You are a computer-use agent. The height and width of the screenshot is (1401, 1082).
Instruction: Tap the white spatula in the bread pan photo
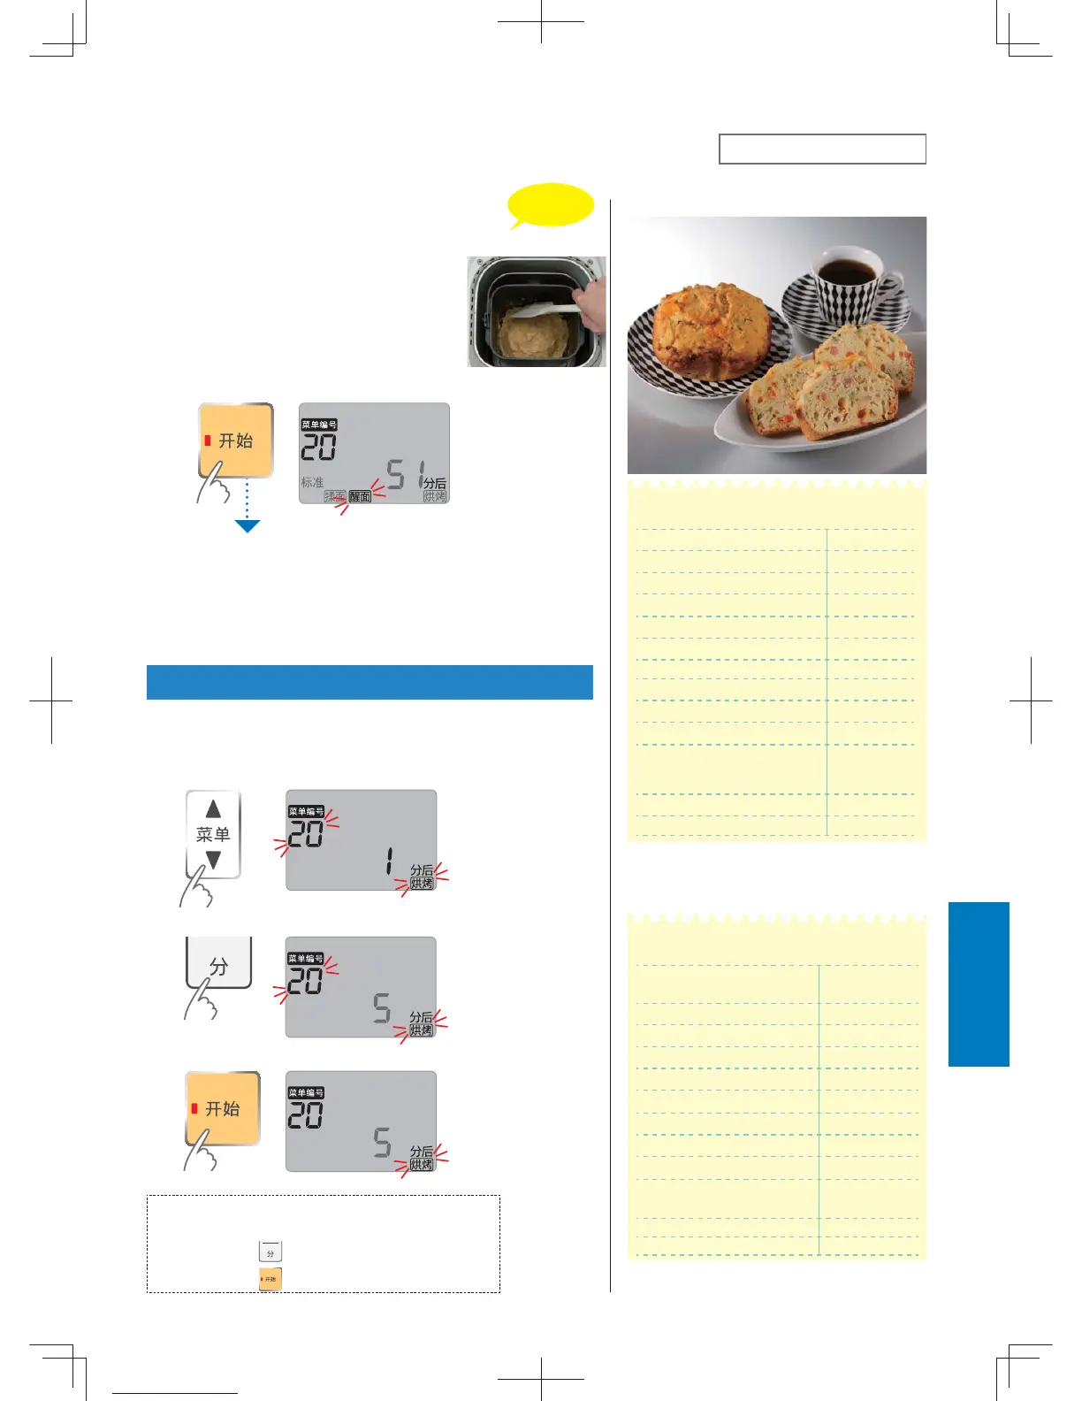tap(544, 310)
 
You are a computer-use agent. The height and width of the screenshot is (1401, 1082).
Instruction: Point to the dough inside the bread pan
tap(534, 335)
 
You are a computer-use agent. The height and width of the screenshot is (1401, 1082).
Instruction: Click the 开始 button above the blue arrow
tap(235, 440)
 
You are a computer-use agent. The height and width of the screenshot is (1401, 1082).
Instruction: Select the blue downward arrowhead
tap(248, 526)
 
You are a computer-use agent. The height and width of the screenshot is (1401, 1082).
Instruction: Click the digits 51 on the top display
tap(406, 475)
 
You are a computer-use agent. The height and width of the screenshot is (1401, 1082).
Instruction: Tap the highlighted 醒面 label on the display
tap(360, 497)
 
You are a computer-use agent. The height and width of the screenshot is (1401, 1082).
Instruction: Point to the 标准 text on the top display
tap(312, 483)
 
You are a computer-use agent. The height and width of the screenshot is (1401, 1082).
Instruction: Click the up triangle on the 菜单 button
tap(213, 809)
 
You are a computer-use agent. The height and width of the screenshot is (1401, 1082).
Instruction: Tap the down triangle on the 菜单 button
tap(213, 860)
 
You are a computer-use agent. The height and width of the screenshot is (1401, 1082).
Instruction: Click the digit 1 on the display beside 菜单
tap(388, 861)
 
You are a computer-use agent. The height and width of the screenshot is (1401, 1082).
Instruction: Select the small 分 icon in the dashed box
tap(270, 1252)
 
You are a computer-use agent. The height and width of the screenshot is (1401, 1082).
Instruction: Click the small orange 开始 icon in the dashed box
tap(270, 1279)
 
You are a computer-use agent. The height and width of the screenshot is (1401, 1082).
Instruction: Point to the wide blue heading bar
tap(370, 682)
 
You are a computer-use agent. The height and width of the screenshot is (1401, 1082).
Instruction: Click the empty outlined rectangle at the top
tap(822, 149)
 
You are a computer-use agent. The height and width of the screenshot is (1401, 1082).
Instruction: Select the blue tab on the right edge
tap(979, 984)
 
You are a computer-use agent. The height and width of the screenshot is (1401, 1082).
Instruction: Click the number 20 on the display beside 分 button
tap(306, 981)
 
